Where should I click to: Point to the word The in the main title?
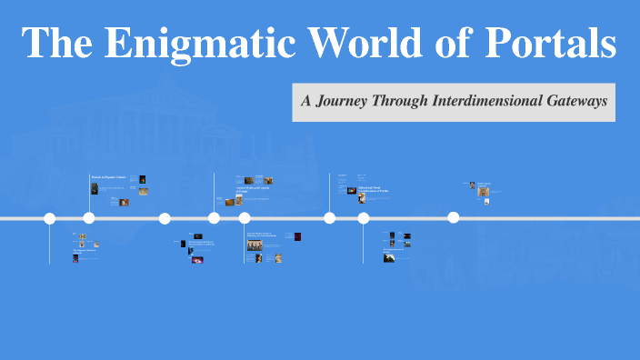click(x=55, y=45)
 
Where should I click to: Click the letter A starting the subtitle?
click(x=307, y=101)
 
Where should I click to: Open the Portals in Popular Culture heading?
click(x=107, y=176)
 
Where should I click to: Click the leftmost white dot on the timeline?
click(x=50, y=218)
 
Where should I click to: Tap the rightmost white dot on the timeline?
click(x=453, y=217)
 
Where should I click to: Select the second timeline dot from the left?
click(x=89, y=218)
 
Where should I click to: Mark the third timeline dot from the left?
click(x=165, y=218)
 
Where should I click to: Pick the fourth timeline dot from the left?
click(x=214, y=218)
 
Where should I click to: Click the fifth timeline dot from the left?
click(x=245, y=218)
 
